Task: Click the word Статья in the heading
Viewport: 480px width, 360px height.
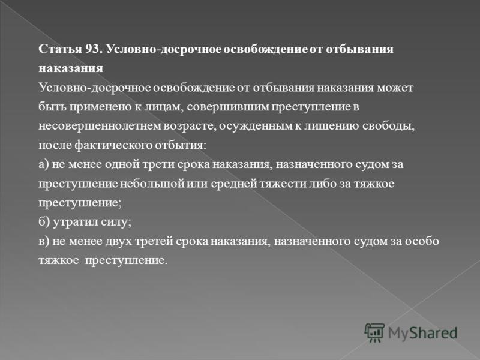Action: point(61,49)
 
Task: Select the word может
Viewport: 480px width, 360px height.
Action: point(395,88)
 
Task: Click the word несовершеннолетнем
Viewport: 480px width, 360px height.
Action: point(100,126)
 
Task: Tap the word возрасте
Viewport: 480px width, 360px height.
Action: point(190,127)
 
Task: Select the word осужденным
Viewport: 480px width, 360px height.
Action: point(256,126)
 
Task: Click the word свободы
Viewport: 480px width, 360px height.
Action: point(388,126)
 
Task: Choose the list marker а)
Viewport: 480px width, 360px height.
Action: point(43,164)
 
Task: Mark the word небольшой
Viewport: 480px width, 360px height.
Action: point(152,184)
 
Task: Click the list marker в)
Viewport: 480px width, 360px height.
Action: point(43,242)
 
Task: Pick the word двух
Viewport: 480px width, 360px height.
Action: point(118,242)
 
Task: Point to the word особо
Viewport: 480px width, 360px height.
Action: point(422,241)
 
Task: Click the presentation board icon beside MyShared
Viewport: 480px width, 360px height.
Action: point(374,332)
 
